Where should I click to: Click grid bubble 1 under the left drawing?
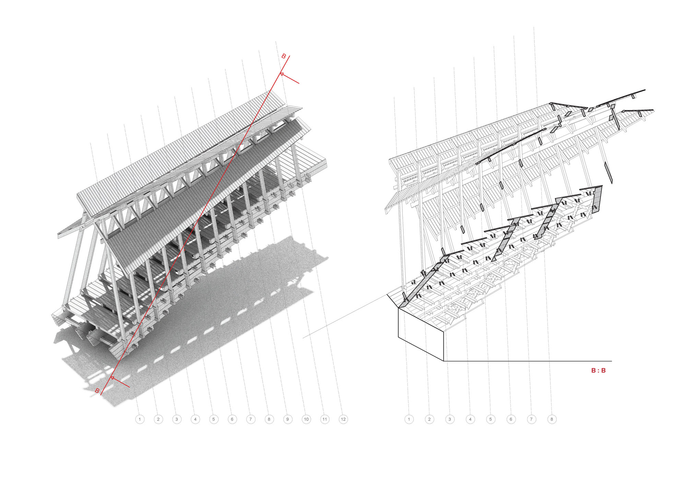pos(140,419)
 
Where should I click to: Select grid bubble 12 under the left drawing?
pos(343,419)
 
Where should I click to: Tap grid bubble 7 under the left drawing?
pos(251,419)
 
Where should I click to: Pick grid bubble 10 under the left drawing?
pos(306,419)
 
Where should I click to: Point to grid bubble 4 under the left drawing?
pos(195,419)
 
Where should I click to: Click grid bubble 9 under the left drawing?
pos(288,419)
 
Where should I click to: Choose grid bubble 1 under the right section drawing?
pos(409,419)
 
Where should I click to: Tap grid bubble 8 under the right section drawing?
pos(552,419)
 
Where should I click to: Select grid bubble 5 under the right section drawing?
pos(490,419)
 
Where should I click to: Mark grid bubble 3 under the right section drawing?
pos(450,419)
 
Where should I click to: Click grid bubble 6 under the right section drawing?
pos(511,419)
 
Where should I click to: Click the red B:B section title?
pos(599,370)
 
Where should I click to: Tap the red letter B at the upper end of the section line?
pos(284,56)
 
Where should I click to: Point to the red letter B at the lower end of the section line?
pos(97,391)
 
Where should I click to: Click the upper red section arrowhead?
pos(282,74)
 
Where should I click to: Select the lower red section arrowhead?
pos(112,378)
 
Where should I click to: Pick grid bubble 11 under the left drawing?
pos(325,419)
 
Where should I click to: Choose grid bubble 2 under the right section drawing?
pos(429,419)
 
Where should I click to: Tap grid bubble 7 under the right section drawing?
pos(531,419)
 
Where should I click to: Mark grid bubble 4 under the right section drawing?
pos(470,419)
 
